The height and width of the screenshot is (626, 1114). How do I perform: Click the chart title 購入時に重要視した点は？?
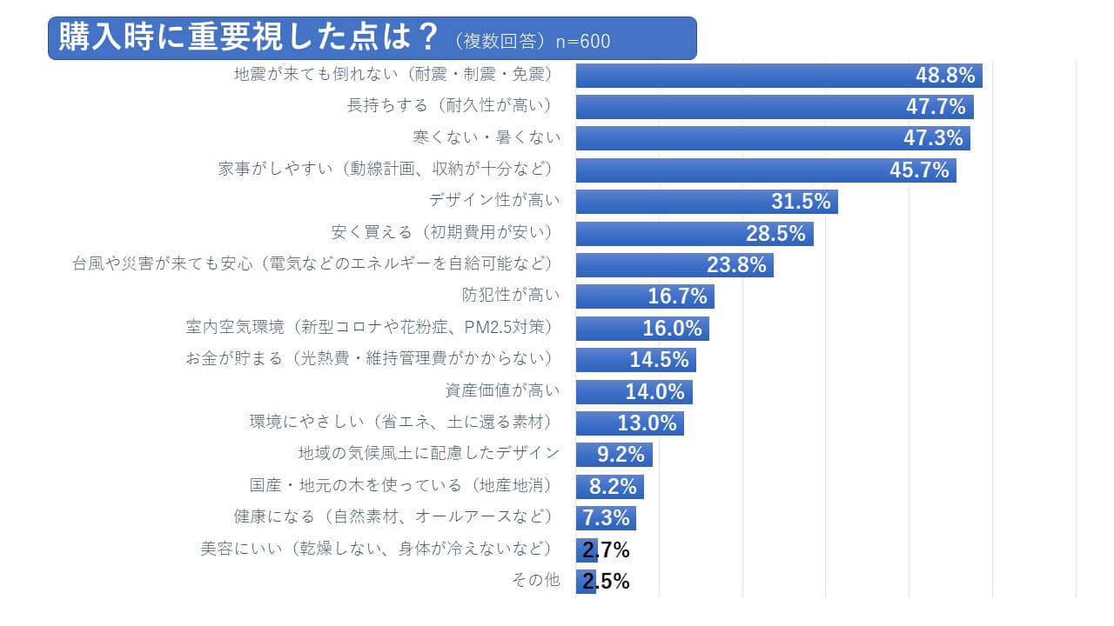click(249, 38)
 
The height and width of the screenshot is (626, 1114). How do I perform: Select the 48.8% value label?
click(944, 76)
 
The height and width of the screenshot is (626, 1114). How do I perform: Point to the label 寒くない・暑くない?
click(487, 137)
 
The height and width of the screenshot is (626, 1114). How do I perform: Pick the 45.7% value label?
click(919, 170)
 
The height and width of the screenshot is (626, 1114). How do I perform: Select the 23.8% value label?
click(736, 265)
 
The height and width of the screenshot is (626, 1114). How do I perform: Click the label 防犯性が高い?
click(511, 296)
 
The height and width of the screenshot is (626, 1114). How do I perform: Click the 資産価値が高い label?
click(502, 390)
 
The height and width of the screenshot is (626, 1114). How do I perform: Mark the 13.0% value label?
click(647, 423)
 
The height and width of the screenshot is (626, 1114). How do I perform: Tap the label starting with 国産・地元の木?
click(400, 485)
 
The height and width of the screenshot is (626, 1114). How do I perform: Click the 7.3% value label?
click(606, 518)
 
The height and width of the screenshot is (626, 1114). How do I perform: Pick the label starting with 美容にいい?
click(376, 549)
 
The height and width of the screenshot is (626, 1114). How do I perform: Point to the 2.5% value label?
click(606, 582)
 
